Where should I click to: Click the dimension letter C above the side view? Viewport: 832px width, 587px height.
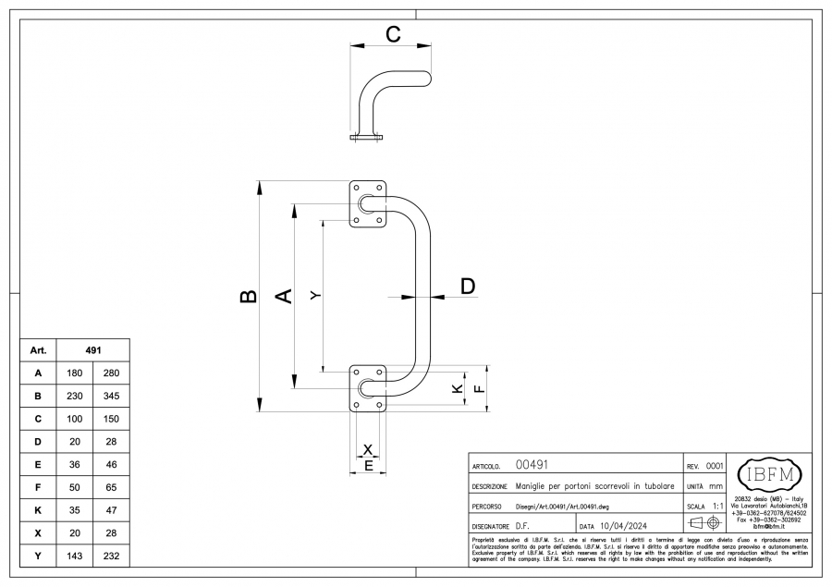[x=392, y=35]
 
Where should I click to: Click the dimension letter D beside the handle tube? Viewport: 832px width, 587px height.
[x=468, y=287]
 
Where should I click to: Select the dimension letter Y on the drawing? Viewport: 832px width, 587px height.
[x=315, y=295]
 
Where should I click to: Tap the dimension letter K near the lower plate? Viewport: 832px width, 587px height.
[x=457, y=389]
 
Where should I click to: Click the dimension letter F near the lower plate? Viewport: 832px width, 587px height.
[x=478, y=389]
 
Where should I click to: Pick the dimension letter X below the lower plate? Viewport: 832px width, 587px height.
[x=368, y=449]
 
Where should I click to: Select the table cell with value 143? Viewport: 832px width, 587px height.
[x=75, y=557]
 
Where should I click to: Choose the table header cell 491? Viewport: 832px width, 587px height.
[x=92, y=351]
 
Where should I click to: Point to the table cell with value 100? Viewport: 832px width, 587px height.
[x=75, y=420]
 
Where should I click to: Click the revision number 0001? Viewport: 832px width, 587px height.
[x=715, y=466]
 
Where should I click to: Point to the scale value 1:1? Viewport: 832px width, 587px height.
[x=717, y=507]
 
